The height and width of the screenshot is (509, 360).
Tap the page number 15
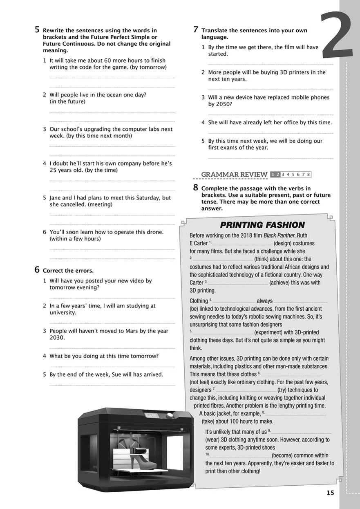[330, 493]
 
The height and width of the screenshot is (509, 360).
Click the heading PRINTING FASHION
[262, 225]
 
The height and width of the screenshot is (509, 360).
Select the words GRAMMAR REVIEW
[234, 175]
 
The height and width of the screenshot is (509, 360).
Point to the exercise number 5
[37, 29]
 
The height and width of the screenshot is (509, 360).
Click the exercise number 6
[37, 270]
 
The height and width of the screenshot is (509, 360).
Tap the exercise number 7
[196, 29]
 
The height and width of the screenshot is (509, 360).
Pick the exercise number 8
[196, 188]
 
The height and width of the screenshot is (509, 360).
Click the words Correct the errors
[68, 271]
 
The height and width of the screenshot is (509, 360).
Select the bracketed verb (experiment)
[275, 332]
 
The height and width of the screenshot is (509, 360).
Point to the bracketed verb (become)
[286, 455]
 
